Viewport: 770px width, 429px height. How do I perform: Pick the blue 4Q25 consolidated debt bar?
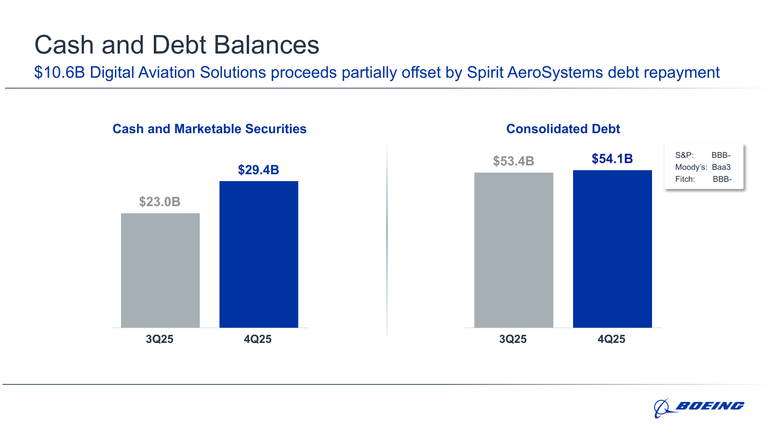tap(612, 249)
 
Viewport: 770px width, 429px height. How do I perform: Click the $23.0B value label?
tap(159, 202)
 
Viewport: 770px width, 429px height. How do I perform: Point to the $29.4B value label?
tap(258, 170)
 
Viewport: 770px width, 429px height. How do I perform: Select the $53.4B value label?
tap(513, 161)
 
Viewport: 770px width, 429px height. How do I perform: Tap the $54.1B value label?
tap(612, 159)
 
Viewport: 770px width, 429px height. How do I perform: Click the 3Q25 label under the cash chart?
tap(159, 339)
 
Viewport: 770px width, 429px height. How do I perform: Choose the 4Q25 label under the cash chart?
tap(257, 339)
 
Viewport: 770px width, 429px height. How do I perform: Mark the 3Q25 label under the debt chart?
tap(513, 339)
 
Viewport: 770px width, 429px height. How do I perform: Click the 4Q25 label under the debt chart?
tap(611, 339)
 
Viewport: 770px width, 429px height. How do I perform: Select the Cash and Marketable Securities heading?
tap(209, 129)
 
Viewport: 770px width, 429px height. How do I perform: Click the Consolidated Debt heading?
tap(563, 129)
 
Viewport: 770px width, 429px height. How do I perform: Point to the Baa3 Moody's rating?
tap(721, 167)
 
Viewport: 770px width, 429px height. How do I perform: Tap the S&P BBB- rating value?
tap(721, 155)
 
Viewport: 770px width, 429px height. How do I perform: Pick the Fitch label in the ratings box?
tap(685, 179)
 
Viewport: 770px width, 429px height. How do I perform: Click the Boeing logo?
tap(699, 407)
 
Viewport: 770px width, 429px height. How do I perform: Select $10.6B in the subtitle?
tap(59, 73)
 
